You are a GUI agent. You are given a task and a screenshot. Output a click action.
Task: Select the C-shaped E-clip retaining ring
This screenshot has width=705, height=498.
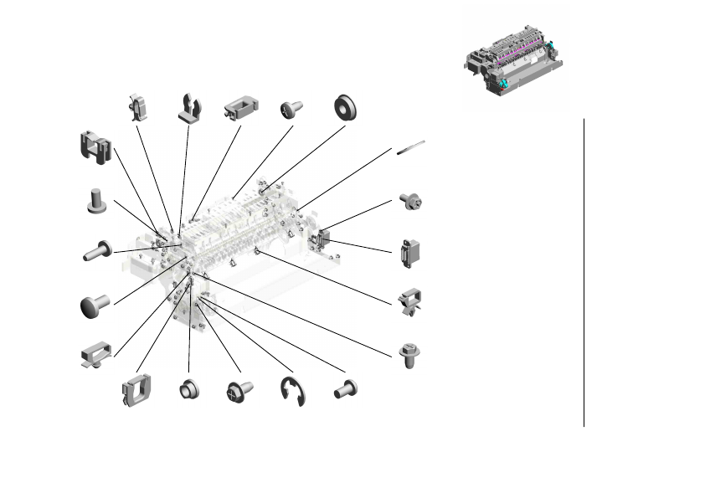[x=293, y=392]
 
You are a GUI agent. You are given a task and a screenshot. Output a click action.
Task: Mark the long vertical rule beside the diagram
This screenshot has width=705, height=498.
[x=584, y=272]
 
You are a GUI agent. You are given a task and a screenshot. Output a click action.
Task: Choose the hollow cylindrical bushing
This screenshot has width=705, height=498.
[x=188, y=391]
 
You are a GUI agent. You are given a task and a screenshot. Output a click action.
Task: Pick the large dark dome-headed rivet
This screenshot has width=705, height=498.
[x=95, y=305]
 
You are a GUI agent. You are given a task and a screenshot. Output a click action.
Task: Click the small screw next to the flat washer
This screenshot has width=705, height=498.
[x=292, y=109]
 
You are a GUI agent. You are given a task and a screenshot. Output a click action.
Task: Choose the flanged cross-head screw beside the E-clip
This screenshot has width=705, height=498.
[x=239, y=392]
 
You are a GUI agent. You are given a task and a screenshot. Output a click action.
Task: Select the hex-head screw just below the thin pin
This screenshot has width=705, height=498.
[x=410, y=201]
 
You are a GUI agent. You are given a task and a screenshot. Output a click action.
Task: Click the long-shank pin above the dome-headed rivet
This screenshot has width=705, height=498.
[x=97, y=250]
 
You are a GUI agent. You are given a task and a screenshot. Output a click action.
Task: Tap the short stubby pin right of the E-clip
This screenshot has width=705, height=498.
[x=346, y=388]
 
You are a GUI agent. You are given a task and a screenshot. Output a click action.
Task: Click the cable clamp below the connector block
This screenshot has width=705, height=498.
[x=410, y=301]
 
